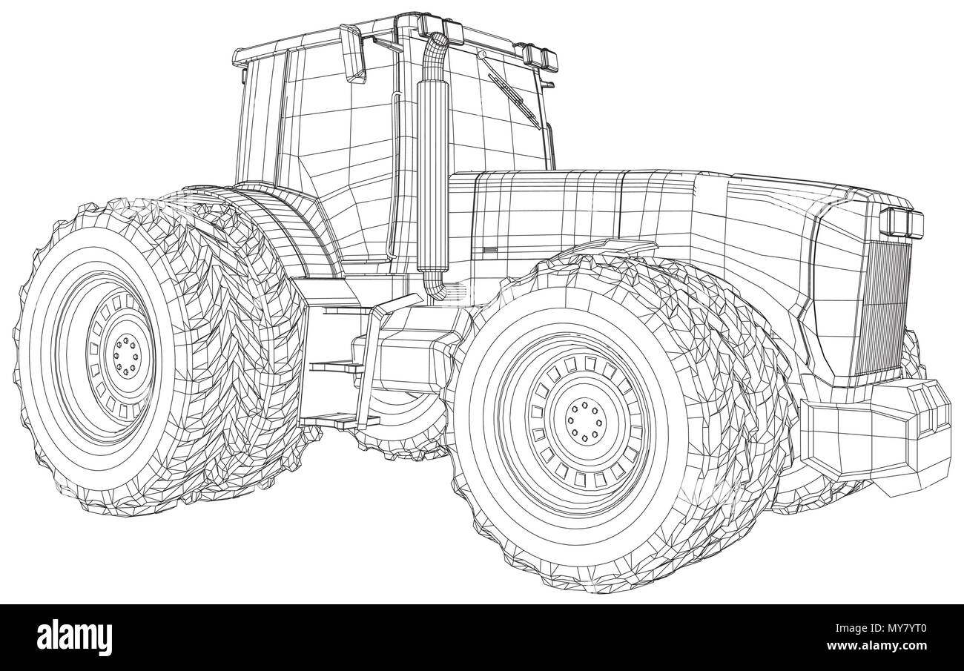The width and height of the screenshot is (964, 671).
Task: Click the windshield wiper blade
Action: click(512, 93)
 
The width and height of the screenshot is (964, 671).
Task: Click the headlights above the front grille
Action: click(902, 220)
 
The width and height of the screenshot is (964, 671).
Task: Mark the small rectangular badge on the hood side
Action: click(489, 250)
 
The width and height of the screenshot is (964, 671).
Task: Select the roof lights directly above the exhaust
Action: click(442, 27)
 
